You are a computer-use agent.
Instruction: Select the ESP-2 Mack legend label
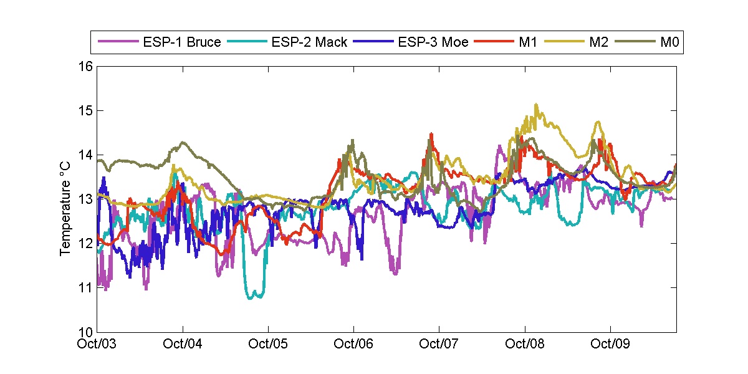309,42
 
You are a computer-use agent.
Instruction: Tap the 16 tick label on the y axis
85,67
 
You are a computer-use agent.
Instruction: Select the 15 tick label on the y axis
85,111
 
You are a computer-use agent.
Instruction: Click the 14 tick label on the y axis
85,155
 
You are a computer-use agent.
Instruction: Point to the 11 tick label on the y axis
85,287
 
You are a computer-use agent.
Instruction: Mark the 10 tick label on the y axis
85,332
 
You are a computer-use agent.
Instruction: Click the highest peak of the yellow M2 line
536,105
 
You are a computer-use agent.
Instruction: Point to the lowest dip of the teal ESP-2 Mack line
252,298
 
